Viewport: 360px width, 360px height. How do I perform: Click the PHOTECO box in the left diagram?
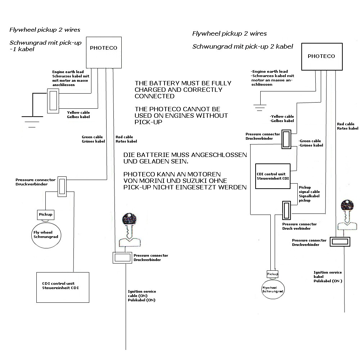(103, 48)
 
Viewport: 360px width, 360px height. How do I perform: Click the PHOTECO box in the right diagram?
(321, 56)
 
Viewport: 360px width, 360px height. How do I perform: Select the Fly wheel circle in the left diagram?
(46, 235)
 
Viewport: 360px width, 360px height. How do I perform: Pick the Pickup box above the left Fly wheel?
(46, 215)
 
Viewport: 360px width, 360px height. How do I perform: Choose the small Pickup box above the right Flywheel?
(273, 274)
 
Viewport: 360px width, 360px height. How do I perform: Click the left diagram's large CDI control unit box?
(63, 287)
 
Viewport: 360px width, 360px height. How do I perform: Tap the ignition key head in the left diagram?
(129, 219)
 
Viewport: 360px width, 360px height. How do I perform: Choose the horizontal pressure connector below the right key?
(340, 242)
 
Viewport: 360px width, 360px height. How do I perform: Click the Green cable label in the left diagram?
(93, 139)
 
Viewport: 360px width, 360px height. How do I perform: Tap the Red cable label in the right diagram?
(347, 126)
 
